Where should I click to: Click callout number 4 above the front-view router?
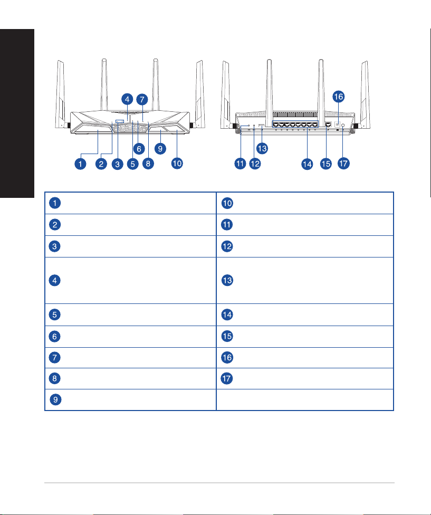[127, 99]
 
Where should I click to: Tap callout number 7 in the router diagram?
[142, 99]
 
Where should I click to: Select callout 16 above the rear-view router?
[338, 97]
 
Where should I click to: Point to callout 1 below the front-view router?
[80, 164]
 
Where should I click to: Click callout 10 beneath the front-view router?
[177, 163]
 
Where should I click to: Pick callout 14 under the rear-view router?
[307, 164]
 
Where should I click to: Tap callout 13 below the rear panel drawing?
[262, 148]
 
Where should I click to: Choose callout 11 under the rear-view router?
[240, 164]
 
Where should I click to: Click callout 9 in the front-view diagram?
[160, 148]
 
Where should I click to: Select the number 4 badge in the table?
[54, 281]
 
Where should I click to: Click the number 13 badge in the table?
[227, 281]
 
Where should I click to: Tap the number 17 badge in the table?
[226, 378]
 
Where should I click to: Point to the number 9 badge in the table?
[55, 399]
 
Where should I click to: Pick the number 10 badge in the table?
[227, 203]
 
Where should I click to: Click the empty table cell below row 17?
[304, 400]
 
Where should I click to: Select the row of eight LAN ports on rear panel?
[295, 125]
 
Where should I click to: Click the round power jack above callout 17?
[343, 125]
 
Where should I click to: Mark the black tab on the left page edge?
[17, 113]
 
